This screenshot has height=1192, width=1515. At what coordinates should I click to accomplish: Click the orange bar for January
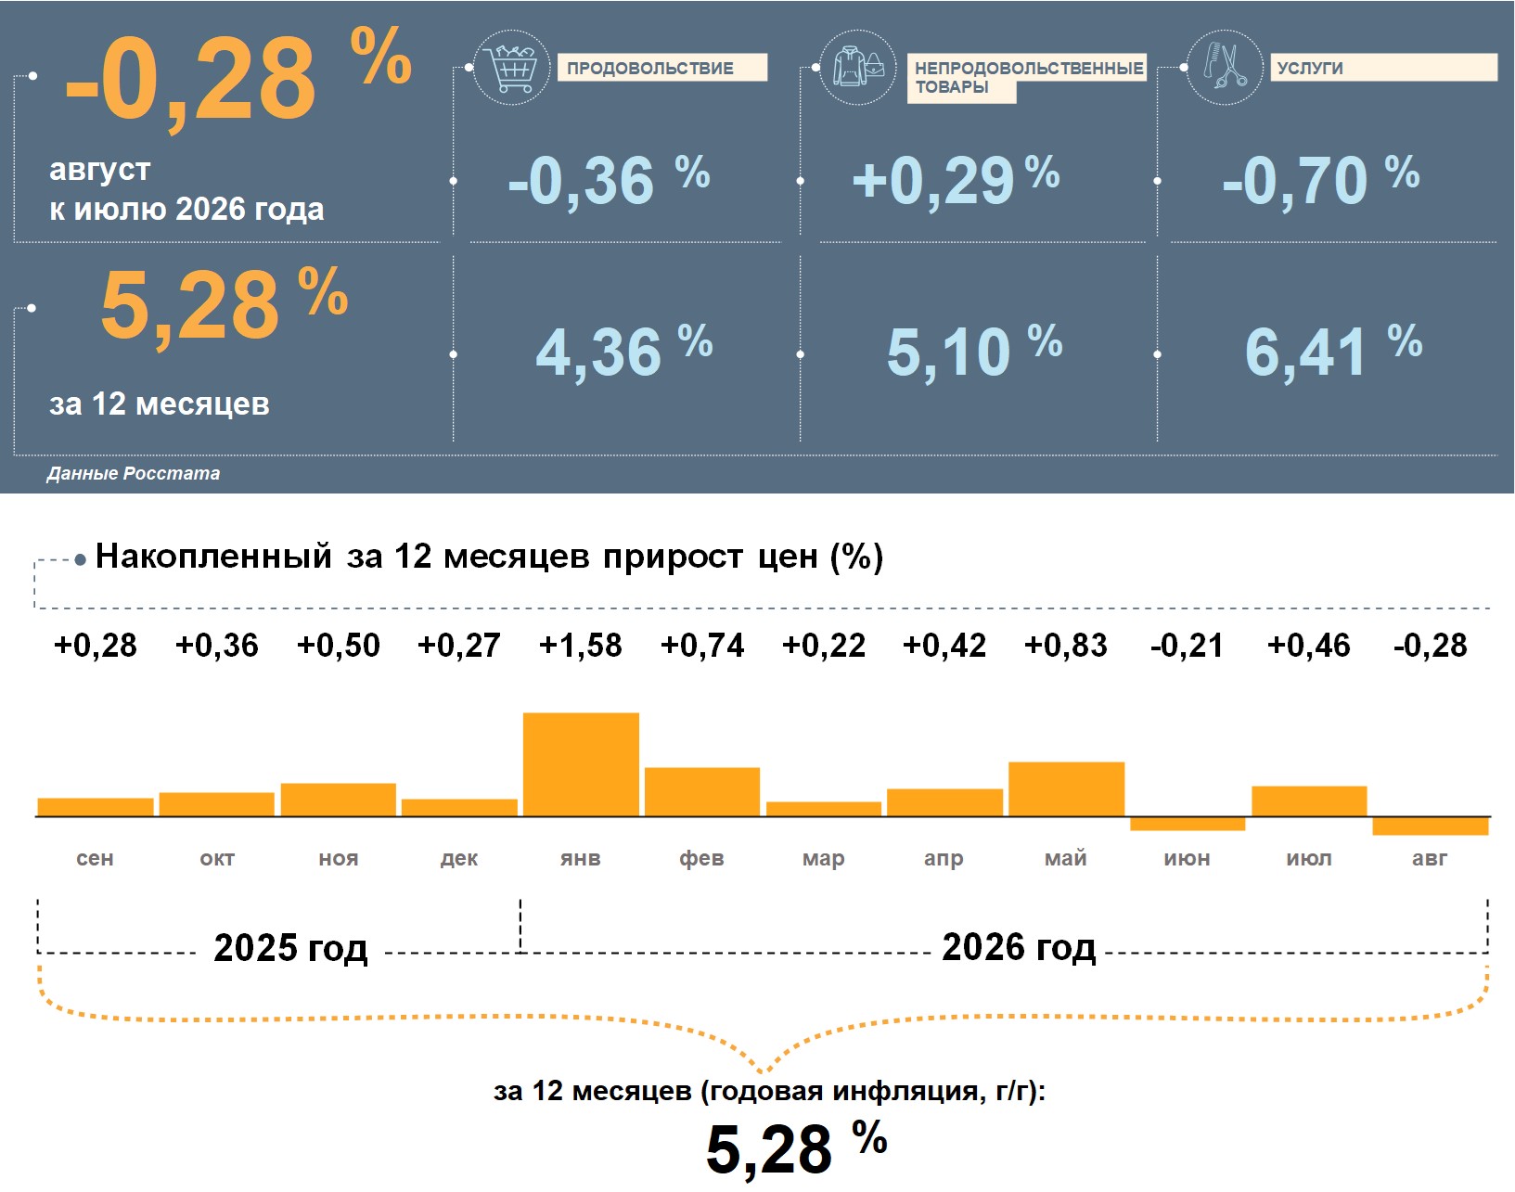tap(581, 764)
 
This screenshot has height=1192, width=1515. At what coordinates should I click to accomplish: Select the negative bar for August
tap(1430, 826)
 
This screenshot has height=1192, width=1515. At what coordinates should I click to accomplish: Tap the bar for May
tap(1066, 788)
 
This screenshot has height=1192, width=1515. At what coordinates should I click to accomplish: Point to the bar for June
tap(1188, 824)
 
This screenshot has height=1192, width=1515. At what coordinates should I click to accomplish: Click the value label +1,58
tap(581, 645)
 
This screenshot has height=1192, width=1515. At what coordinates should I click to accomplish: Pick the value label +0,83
tap(1066, 645)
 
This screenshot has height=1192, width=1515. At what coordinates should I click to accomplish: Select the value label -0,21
tap(1187, 645)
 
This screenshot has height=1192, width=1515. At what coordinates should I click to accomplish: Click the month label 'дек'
tap(459, 859)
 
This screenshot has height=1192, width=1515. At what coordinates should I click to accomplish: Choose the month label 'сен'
tap(95, 858)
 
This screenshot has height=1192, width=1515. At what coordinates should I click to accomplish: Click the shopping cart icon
tap(512, 68)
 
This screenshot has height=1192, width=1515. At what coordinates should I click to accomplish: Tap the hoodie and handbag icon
tap(857, 68)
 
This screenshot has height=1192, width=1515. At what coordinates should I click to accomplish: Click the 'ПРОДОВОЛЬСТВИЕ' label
tap(650, 69)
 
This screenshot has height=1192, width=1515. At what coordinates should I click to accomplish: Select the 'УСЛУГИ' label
tap(1310, 69)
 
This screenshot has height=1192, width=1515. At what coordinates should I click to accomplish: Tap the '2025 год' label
tap(290, 948)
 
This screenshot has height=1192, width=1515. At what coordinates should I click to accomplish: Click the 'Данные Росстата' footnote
tap(134, 473)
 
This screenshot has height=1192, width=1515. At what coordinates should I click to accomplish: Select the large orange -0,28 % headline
tap(238, 77)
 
